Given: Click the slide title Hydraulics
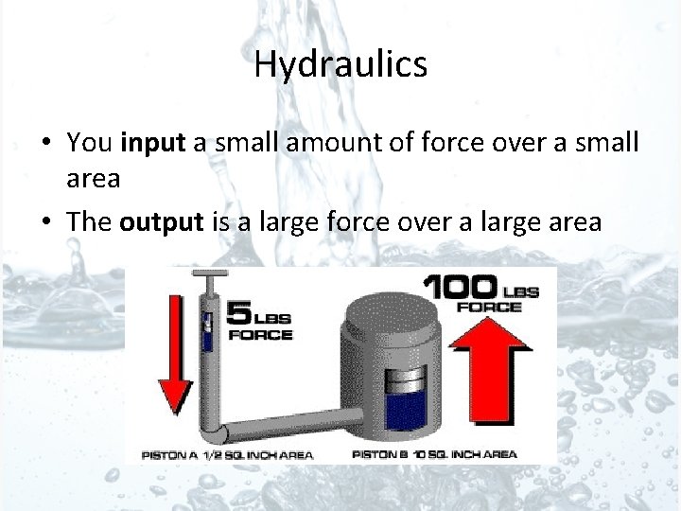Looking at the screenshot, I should (x=340, y=64).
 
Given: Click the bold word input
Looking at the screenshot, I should (x=154, y=142).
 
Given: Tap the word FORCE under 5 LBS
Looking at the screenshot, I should (x=260, y=334).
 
